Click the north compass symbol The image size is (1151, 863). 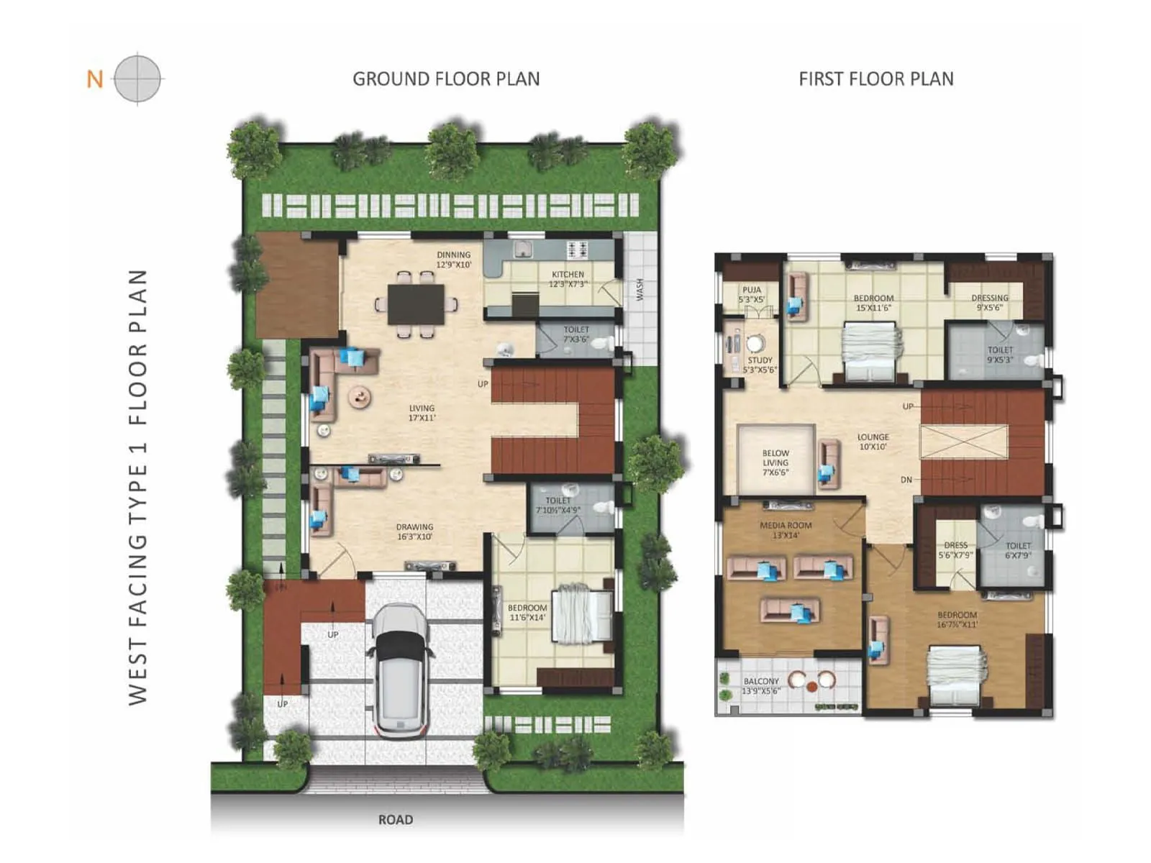[x=137, y=78]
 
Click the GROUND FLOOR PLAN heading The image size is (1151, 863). [x=446, y=79]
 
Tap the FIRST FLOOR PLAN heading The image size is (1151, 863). [x=875, y=79]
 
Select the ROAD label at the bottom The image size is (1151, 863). [x=396, y=819]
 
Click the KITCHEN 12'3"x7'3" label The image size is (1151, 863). [x=568, y=279]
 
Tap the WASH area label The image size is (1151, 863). [x=640, y=289]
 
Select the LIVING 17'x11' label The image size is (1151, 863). [x=422, y=413]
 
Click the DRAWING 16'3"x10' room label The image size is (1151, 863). [x=414, y=531]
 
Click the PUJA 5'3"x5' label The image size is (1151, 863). [x=751, y=295]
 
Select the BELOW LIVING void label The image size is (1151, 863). [x=775, y=462]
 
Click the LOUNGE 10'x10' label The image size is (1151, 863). [x=873, y=442]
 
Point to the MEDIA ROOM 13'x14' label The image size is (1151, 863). [x=786, y=530]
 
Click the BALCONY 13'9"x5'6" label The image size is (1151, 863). [x=761, y=685]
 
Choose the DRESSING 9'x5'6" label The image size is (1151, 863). [x=989, y=302]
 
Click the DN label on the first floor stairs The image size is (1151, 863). [x=906, y=480]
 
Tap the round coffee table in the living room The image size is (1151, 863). [x=359, y=396]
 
